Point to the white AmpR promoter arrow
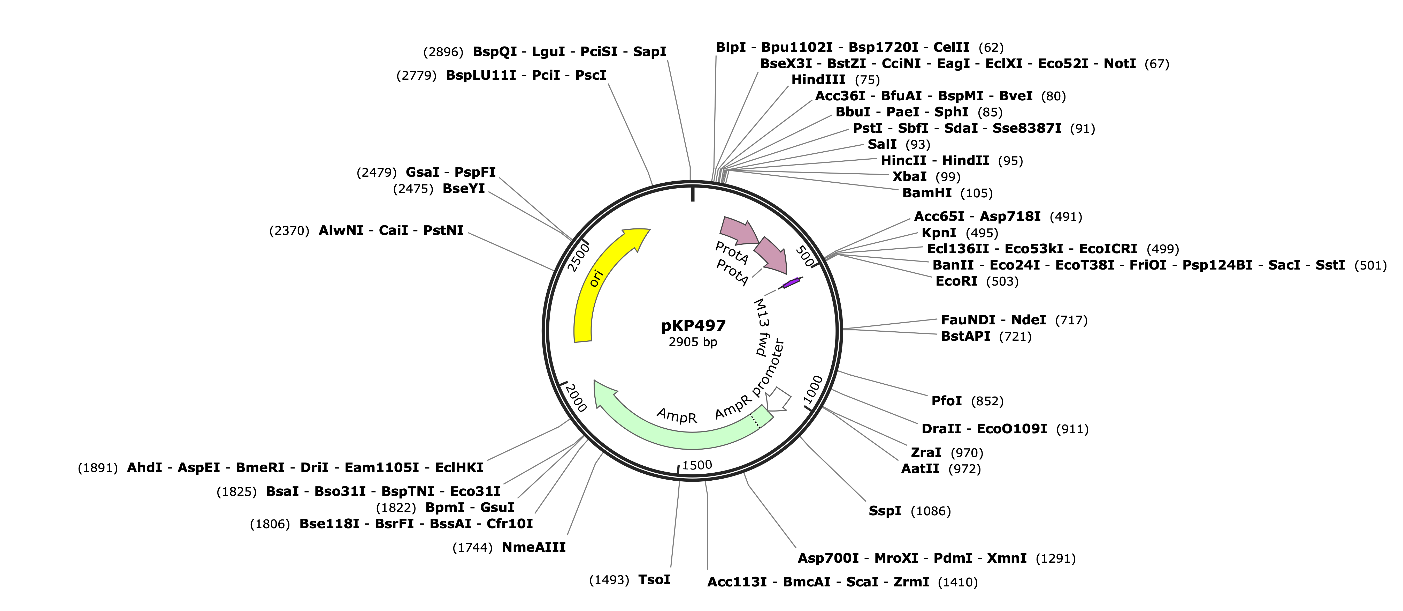pyautogui.click(x=778, y=399)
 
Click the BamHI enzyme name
pyautogui.click(x=927, y=193)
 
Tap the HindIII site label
pyautogui.click(x=818, y=80)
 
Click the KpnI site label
pyautogui.click(x=938, y=233)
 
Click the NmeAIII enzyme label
pyautogui.click(x=534, y=547)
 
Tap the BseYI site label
pyautogui.click(x=464, y=189)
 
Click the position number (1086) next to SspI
pyautogui.click(x=931, y=511)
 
